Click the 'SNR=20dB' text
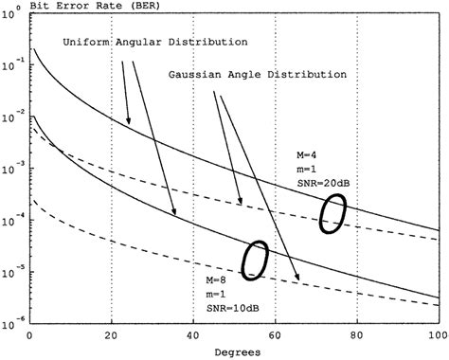point(319,180)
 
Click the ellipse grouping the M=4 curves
point(332,214)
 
